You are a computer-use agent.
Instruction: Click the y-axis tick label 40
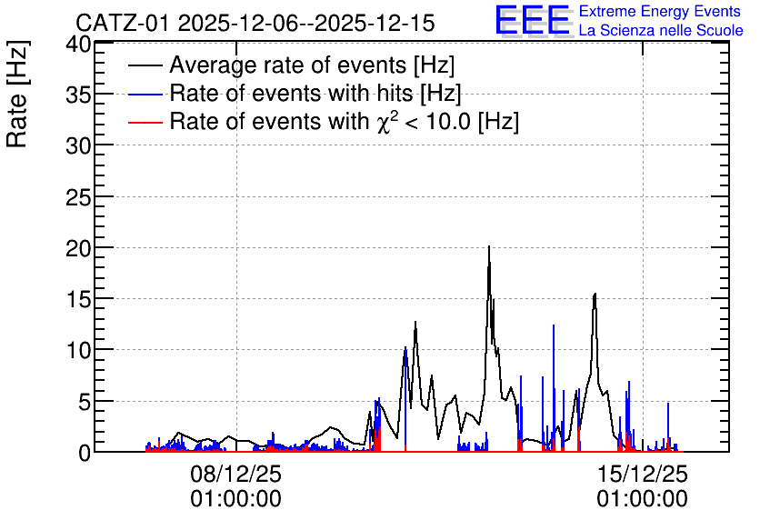point(78,45)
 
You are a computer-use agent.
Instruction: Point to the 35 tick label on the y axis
point(78,95)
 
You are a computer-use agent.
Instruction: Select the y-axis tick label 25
point(78,197)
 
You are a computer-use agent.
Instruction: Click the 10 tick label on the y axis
point(78,350)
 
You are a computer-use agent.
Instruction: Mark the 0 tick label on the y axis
point(85,453)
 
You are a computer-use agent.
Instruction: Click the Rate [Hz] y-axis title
point(17,94)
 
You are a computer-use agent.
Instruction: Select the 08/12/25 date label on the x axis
point(235,474)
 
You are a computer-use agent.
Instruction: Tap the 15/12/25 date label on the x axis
point(642,474)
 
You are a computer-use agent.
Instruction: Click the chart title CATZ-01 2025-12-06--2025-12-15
point(255,23)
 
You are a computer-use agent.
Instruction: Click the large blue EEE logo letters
point(532,20)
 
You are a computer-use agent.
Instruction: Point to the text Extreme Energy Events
point(660,11)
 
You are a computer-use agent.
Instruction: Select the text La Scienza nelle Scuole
point(661,30)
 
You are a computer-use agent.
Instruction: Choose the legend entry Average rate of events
point(312,65)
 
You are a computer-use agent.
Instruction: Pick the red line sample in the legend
point(145,122)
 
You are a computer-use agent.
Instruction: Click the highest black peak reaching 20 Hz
point(489,246)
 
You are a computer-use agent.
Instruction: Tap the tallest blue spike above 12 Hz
point(554,325)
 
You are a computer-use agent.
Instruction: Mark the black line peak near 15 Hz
point(595,294)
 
